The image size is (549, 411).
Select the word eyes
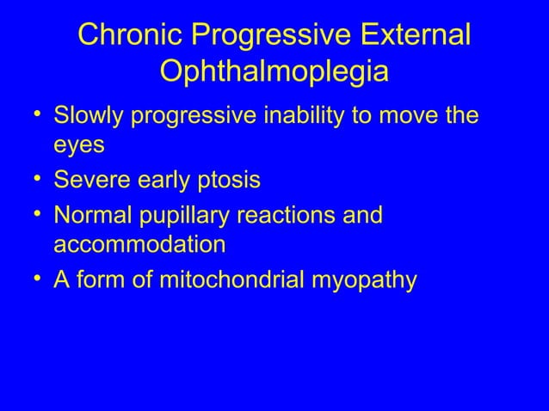click(x=79, y=145)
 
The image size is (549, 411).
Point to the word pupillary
click(x=183, y=213)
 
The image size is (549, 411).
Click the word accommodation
click(x=139, y=244)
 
